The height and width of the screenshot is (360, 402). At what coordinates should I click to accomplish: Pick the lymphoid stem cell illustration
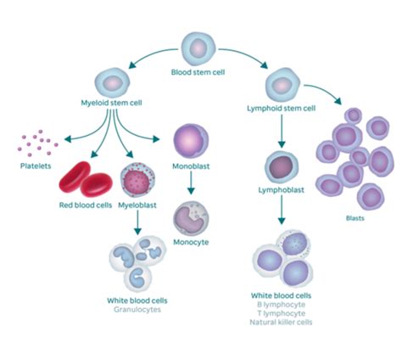pos(282,85)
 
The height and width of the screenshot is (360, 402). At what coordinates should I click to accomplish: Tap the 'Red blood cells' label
pos(80,205)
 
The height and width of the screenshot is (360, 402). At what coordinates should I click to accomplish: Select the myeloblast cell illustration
pos(137,181)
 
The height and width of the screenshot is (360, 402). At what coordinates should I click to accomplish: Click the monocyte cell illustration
pos(191,218)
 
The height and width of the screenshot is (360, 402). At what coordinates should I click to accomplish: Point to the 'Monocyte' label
pos(191,243)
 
